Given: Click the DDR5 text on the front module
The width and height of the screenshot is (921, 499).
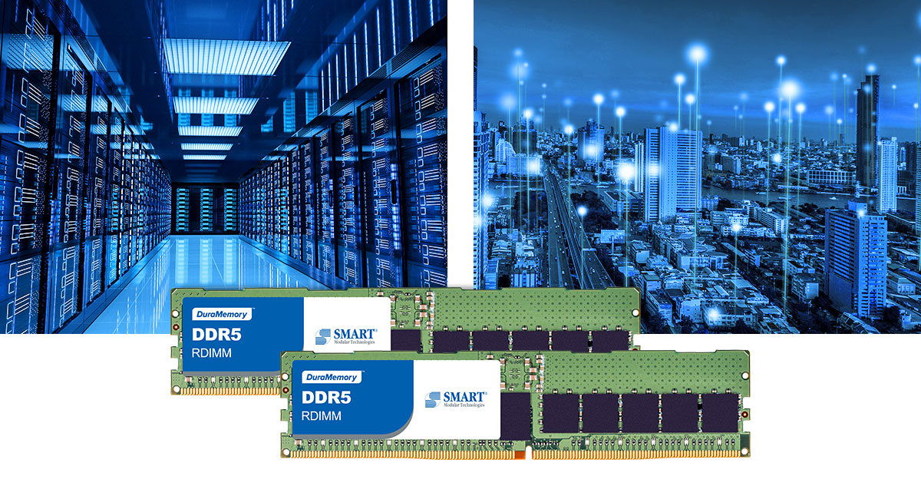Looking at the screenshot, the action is click(326, 398).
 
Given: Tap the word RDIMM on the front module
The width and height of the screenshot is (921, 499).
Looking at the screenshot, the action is click(321, 416).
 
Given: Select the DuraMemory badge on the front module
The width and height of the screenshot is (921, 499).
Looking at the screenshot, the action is click(332, 377).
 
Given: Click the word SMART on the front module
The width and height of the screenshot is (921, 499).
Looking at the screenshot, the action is click(464, 397).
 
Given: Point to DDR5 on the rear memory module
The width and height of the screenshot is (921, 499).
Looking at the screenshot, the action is click(216, 335).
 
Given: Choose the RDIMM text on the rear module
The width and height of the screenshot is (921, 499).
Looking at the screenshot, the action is click(211, 353).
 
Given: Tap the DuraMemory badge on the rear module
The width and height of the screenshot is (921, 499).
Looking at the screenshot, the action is click(222, 314).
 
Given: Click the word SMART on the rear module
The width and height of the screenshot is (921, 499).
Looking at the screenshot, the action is click(354, 334).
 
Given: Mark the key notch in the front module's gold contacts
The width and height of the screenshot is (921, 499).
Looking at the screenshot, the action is click(528, 454).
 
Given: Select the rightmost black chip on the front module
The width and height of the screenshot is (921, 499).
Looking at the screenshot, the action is click(720, 412).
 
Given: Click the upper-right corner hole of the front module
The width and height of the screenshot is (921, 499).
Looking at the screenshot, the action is click(745, 375).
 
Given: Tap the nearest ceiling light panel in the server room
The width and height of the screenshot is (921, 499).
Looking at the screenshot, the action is click(226, 57).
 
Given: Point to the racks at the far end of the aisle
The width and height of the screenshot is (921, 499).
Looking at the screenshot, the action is click(206, 210).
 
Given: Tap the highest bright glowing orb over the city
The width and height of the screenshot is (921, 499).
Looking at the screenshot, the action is click(697, 54).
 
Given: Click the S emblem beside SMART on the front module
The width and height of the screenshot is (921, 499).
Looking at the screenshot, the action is click(433, 399).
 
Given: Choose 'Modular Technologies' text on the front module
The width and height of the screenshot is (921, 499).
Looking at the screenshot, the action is click(464, 405).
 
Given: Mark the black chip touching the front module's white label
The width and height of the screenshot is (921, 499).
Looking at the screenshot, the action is click(516, 416).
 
